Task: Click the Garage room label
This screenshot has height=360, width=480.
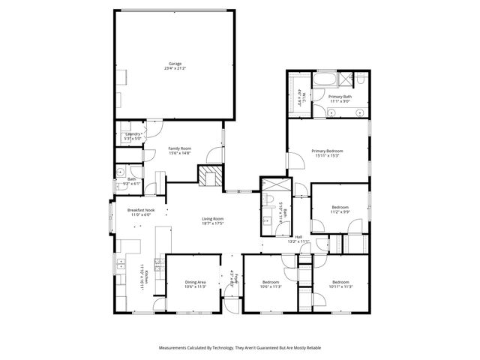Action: pos(175,64)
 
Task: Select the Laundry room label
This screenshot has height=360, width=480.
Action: pos(133,134)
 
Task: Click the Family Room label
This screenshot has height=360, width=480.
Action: pos(179,148)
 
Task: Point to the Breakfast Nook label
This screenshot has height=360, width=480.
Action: pos(140,210)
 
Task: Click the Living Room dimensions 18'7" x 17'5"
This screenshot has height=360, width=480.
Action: pos(213,223)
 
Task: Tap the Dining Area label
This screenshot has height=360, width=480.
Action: pos(194,282)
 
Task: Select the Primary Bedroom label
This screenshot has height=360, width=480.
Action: pos(328,151)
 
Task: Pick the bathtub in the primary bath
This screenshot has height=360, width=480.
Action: pos(328,78)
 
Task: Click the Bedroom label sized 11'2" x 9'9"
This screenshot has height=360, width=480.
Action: pos(340,207)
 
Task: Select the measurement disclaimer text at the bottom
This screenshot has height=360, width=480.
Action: pos(239,348)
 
